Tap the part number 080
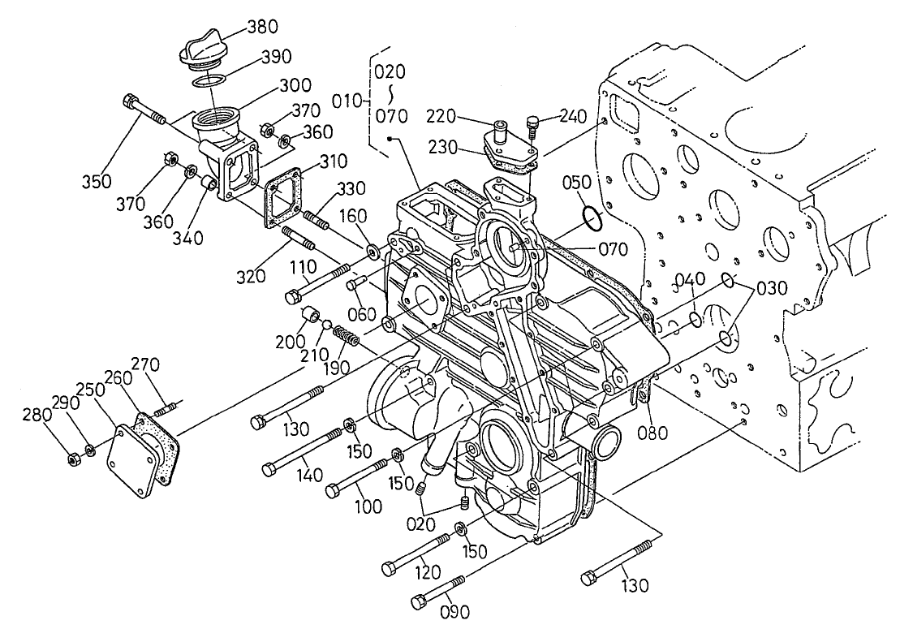coord(652,433)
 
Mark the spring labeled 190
coord(347,334)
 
